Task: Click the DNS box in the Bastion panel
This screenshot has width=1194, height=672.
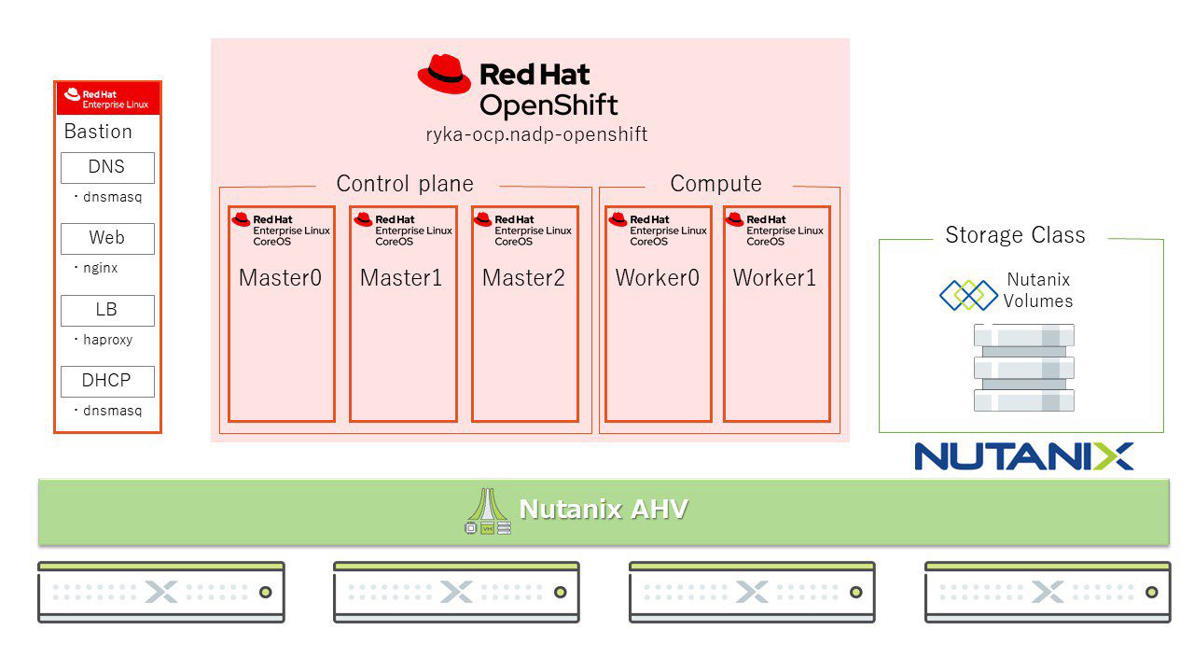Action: [x=107, y=168]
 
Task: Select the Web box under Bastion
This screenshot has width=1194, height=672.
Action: [x=107, y=239]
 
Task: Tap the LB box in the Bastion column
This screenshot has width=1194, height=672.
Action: [x=107, y=310]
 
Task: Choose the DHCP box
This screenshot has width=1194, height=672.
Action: [x=107, y=381]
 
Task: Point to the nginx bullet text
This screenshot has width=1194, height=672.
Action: [x=100, y=269]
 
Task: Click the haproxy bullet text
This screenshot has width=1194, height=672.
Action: [x=106, y=340]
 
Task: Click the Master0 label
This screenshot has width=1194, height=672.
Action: [x=280, y=278]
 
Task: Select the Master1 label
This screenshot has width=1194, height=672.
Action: [x=401, y=278]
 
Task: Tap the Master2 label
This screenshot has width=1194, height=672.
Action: [x=523, y=278]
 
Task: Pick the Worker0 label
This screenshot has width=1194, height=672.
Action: [x=658, y=278]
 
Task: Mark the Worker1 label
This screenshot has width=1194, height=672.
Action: [x=774, y=278]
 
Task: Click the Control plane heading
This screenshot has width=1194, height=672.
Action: [x=405, y=184]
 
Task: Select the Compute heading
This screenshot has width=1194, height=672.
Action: [x=715, y=184]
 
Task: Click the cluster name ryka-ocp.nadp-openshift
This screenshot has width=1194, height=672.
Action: [x=536, y=135]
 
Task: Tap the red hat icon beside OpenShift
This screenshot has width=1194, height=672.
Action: [x=444, y=75]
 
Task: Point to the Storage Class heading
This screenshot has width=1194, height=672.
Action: [x=1015, y=235]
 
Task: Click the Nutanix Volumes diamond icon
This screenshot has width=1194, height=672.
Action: [x=967, y=295]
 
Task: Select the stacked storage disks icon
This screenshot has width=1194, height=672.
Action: [x=1023, y=368]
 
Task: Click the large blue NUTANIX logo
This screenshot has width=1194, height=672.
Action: [x=1023, y=456]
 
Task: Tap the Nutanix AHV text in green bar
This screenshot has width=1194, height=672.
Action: [x=604, y=510]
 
